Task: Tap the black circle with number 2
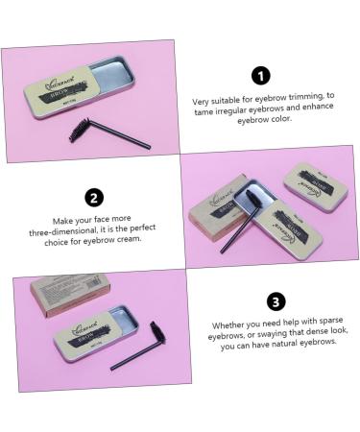pyautogui.click(x=94, y=199)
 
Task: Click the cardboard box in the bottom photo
pyautogui.click(x=72, y=298)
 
